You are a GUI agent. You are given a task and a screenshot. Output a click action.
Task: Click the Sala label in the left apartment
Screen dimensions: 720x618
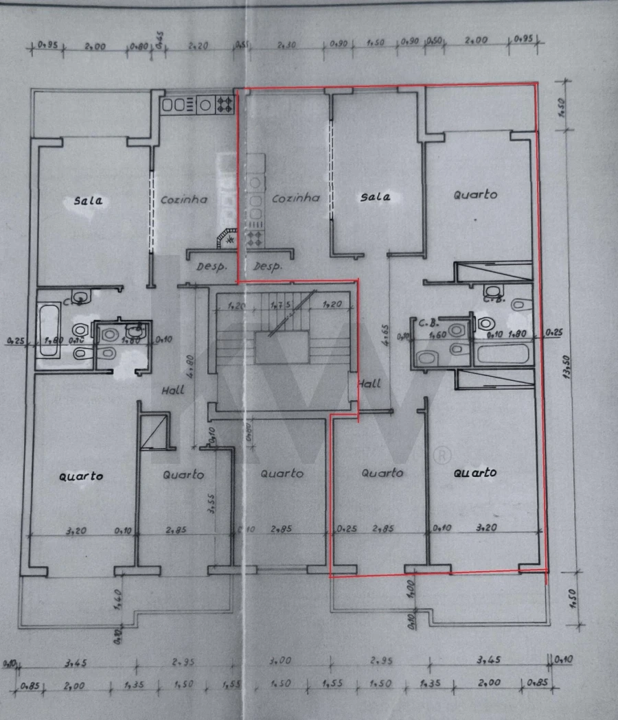click(89, 201)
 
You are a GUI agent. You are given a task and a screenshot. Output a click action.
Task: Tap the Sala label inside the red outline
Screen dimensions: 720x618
click(376, 197)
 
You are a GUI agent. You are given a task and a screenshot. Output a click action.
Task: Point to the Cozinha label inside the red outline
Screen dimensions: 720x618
click(296, 198)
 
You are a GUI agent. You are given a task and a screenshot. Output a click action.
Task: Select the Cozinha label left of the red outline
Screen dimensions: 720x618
click(184, 200)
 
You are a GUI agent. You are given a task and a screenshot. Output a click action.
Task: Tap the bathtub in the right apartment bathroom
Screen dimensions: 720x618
click(503, 355)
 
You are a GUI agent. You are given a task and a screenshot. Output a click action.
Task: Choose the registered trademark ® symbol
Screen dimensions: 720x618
click(444, 454)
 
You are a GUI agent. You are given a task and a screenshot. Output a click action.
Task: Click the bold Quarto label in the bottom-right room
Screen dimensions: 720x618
click(474, 473)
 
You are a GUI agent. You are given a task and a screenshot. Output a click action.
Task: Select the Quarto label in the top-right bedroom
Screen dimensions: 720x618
click(475, 195)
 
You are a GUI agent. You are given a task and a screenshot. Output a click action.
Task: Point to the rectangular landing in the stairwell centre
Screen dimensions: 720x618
click(282, 348)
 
